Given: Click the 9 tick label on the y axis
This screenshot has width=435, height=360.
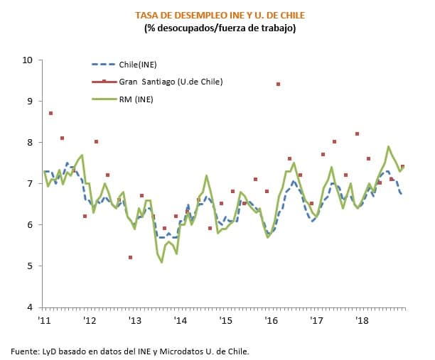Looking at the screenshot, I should point(31,102).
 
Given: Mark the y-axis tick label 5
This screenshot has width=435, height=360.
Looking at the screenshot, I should point(31,266).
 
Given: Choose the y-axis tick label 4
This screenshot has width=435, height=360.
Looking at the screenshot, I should point(31,307).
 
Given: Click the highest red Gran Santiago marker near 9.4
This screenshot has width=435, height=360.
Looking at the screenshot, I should point(278,84).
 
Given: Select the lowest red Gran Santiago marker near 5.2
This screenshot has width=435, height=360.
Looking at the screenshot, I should point(130,257).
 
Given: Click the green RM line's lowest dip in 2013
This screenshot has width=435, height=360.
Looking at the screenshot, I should point(161,262).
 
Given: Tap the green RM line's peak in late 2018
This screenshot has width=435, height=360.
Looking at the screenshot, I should point(388,147).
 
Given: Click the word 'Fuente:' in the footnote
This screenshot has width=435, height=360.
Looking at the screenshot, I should point(26,351).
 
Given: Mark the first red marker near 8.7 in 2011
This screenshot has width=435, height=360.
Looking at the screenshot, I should point(50,113).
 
